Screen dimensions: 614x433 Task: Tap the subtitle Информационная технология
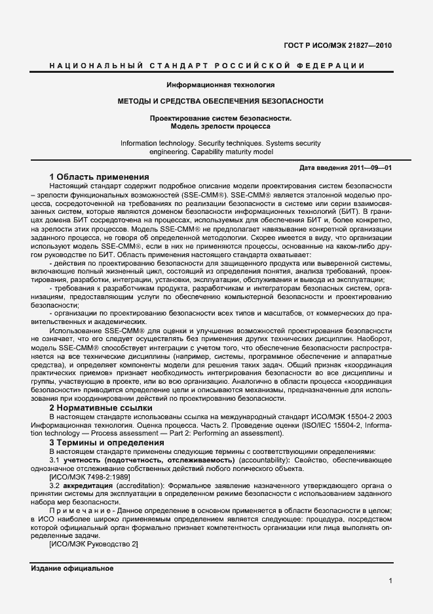[220, 85]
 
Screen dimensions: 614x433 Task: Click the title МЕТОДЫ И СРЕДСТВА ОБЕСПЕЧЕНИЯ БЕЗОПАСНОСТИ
[220, 101]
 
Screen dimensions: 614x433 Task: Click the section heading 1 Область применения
[99, 177]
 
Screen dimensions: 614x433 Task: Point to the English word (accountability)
[259, 460]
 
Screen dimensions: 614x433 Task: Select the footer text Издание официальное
[72, 568]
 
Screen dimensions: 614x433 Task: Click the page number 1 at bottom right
[390, 581]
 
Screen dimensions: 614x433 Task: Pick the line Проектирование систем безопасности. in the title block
[220, 117]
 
